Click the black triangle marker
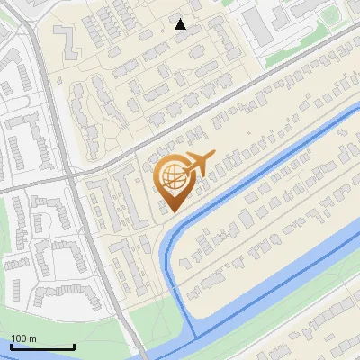point(181,24)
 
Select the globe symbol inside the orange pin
point(171,178)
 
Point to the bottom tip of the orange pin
point(171,212)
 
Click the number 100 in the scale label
point(19,338)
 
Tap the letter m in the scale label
point(32,338)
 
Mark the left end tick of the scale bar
point(11,346)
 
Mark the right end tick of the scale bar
point(74,346)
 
